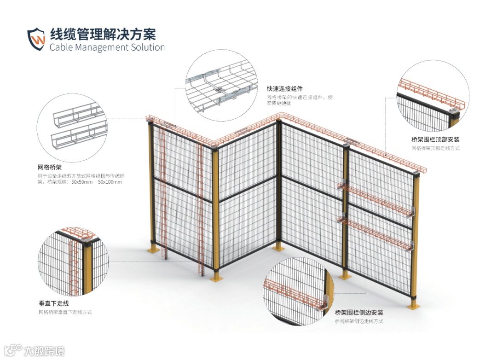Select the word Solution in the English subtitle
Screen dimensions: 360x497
coord(145,47)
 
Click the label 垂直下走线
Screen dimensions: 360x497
coord(54,303)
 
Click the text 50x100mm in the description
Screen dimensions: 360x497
coord(110,182)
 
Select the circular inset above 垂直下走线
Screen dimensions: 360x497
coord(74,261)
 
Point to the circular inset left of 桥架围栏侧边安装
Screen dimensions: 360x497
coord(299,291)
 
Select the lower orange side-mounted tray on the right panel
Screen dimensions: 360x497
coord(375,232)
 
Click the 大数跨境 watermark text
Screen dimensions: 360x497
coord(44,351)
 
